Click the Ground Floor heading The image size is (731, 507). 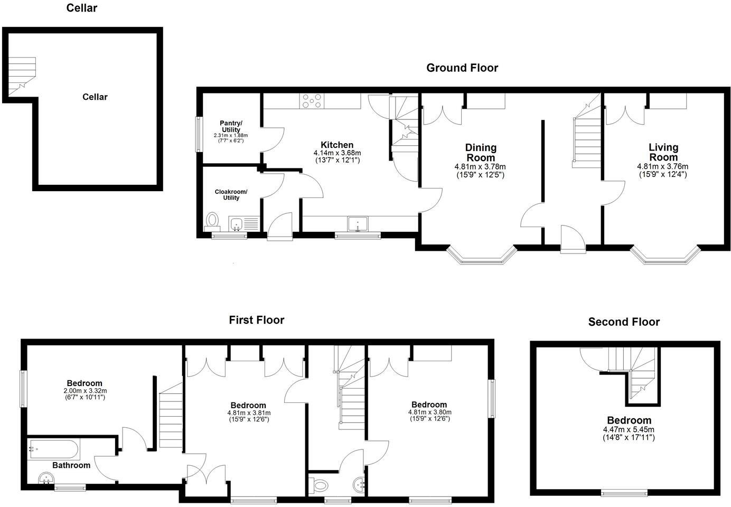(462, 68)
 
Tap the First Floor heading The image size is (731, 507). (256, 320)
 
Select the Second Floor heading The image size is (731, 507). (624, 322)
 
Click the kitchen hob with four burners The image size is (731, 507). (312, 101)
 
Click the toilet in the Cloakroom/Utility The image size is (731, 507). (213, 220)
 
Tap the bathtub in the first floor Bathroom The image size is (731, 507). (53, 449)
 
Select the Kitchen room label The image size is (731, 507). (337, 145)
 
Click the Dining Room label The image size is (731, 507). (481, 152)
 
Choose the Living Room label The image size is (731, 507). (663, 152)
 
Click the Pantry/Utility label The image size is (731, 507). (231, 126)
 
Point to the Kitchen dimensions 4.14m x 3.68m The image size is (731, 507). (337, 153)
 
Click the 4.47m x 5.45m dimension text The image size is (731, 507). (629, 429)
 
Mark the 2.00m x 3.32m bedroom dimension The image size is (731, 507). (85, 391)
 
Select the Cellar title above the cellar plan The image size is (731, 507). (81, 8)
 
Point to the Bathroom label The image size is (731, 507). (71, 465)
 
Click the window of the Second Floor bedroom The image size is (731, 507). (624, 493)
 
